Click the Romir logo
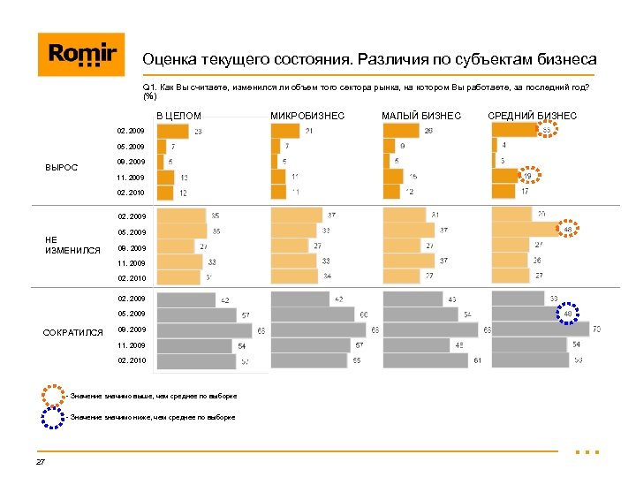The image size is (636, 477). coord(81,55)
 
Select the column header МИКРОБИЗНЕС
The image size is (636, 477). coord(307,116)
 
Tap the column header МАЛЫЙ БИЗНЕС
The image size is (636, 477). coord(420,116)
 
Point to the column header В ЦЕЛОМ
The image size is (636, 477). coord(179,116)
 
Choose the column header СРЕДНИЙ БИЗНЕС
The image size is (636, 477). coord(532,116)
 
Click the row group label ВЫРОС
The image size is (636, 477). coord(61,167)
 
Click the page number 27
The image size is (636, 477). coord(41,462)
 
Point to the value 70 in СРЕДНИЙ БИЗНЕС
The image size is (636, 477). coord(598,329)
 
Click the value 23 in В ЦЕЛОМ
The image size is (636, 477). coord(198,132)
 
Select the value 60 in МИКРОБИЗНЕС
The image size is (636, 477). coord(364,314)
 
